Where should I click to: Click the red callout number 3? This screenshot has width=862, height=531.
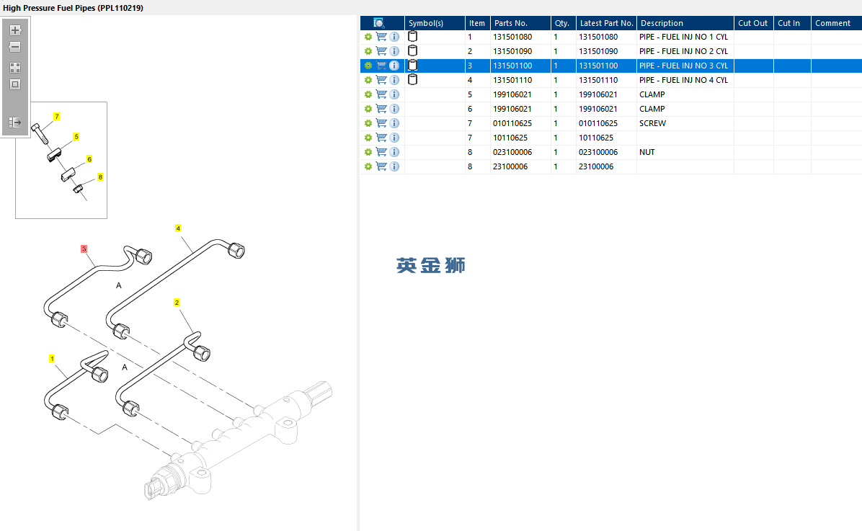(84, 249)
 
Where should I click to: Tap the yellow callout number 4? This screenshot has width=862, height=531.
(177, 228)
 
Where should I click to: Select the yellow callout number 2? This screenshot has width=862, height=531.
(177, 303)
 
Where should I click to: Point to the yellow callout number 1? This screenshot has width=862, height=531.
(52, 358)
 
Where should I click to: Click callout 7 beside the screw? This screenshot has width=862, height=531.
(57, 117)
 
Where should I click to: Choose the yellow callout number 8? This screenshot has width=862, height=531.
(100, 177)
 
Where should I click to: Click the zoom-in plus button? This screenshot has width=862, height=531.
(15, 30)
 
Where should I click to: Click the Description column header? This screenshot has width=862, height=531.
(662, 23)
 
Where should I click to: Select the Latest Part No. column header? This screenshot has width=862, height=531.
(606, 23)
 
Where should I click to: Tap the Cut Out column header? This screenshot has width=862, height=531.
(752, 23)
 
